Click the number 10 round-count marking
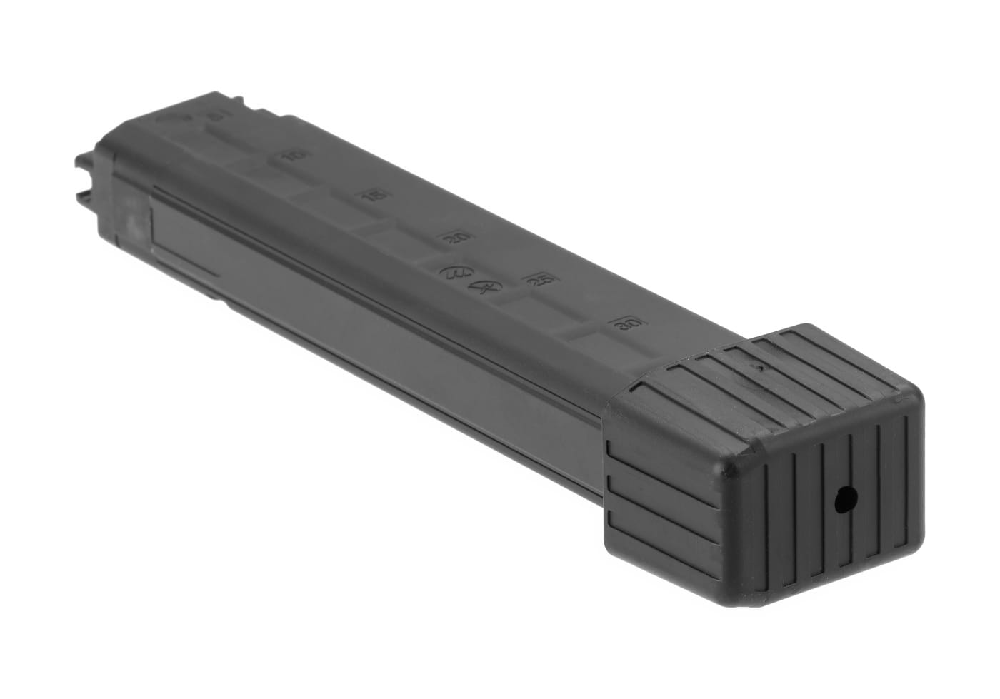click(289, 156)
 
